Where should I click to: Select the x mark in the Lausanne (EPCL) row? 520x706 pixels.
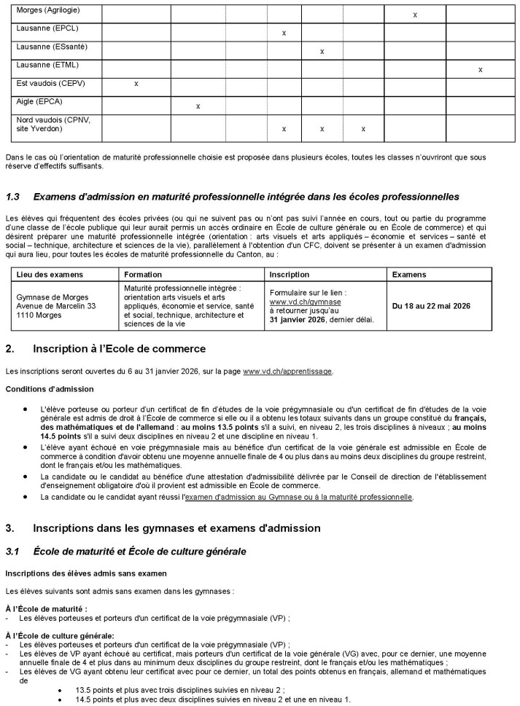pos(284,34)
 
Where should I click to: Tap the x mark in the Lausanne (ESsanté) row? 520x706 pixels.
pos(322,52)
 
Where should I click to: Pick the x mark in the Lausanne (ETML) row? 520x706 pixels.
pos(480,70)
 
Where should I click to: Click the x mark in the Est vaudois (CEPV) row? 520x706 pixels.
pos(136,84)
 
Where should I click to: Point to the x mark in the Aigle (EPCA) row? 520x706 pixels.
pos(198,106)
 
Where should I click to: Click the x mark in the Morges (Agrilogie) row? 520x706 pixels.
pos(415,15)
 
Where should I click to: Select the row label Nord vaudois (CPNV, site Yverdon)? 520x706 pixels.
pos(47,124)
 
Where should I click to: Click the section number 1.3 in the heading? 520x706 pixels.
pos(13,197)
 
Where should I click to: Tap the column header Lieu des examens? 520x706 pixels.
pos(46,275)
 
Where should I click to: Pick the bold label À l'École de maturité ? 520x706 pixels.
pos(46,608)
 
